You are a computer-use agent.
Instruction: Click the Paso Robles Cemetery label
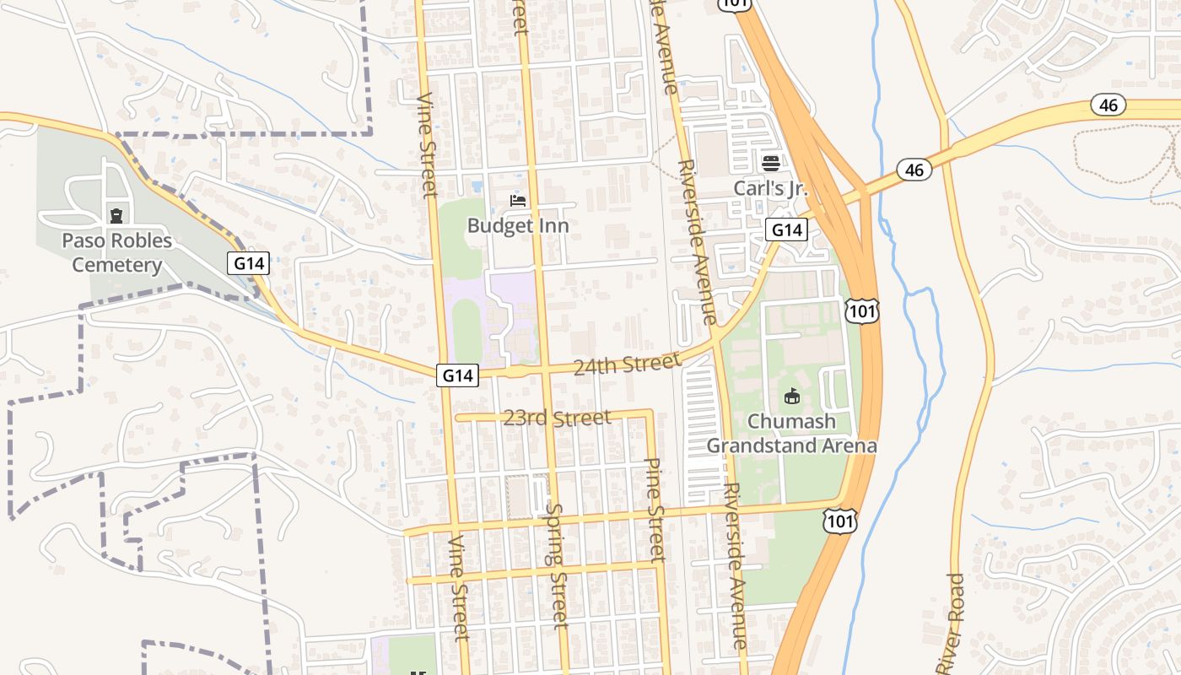116,252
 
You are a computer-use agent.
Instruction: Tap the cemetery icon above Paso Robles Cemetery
116,216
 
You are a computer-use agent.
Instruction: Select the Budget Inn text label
518,225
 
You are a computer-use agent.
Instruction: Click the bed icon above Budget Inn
518,201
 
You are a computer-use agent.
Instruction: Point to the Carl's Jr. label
770,187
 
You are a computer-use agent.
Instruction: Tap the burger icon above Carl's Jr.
770,163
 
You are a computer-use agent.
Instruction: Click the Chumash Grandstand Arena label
791,433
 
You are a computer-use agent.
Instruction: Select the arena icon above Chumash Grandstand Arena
791,396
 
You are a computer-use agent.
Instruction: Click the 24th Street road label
626,364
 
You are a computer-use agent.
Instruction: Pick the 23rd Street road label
557,418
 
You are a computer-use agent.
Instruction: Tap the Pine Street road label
655,510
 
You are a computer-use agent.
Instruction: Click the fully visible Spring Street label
557,565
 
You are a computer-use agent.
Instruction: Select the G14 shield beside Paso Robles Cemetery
249,263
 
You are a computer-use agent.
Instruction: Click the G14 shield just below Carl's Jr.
786,229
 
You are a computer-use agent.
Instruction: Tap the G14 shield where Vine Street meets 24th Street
457,375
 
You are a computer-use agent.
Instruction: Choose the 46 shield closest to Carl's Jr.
914,170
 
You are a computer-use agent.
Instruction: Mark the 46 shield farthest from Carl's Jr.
1108,105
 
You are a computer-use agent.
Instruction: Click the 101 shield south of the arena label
840,521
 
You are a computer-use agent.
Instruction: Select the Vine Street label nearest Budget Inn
428,145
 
